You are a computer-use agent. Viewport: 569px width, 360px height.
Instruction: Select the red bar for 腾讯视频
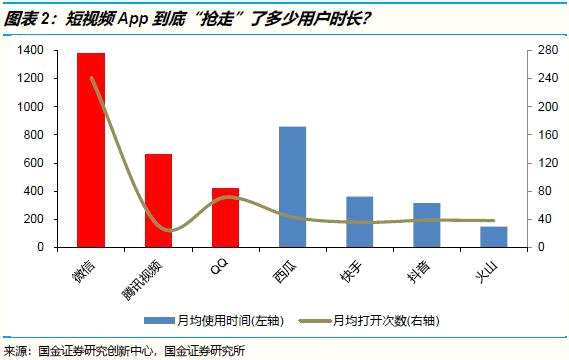click(x=158, y=200)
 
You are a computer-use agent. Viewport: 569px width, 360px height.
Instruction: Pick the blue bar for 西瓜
click(x=292, y=186)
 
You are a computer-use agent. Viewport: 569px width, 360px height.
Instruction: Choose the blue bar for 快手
click(x=359, y=221)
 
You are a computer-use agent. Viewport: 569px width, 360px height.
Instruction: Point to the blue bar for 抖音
click(x=426, y=224)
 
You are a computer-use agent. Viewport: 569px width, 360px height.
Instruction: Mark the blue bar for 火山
click(x=493, y=236)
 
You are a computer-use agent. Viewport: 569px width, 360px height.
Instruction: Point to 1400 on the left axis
click(x=30, y=50)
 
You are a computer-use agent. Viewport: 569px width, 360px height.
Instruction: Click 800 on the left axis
click(x=33, y=134)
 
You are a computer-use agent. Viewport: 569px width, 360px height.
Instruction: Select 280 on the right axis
click(x=544, y=50)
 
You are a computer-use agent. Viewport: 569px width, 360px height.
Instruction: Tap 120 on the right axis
click(x=544, y=162)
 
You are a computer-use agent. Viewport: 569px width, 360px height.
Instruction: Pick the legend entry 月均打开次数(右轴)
click(x=391, y=320)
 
